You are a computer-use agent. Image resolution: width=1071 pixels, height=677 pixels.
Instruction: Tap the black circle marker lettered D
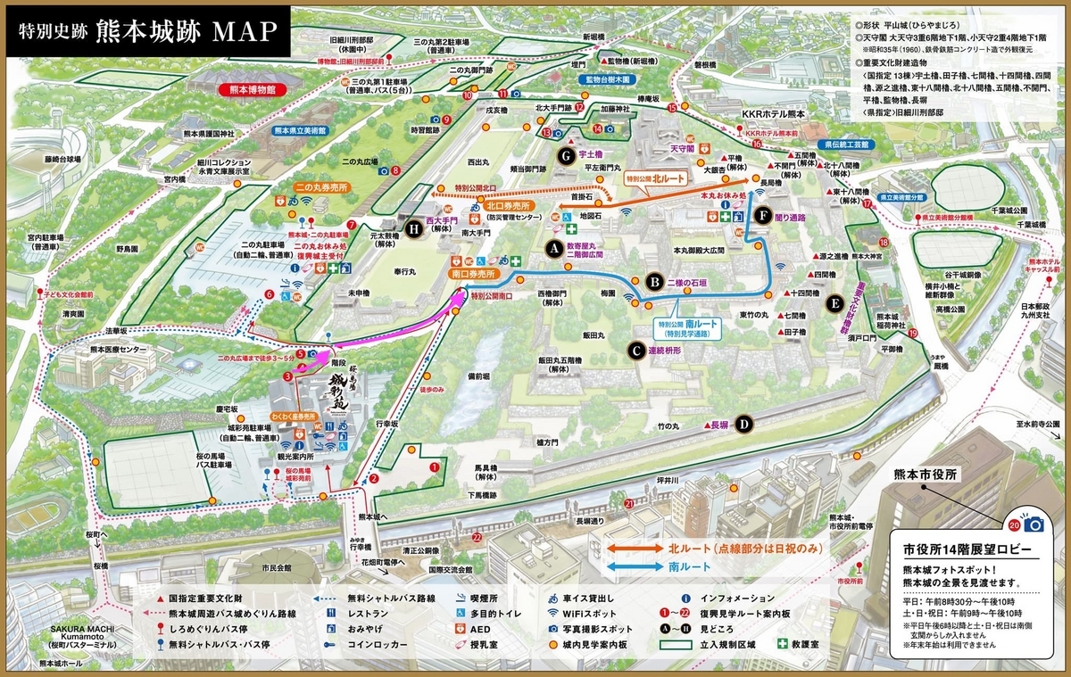[x=743, y=425]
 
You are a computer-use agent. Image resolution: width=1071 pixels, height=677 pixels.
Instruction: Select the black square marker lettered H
[x=412, y=229]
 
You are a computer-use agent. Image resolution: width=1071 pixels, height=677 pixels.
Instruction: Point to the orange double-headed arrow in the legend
[x=635, y=549]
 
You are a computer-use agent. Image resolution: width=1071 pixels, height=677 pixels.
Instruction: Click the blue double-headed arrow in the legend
[x=635, y=566]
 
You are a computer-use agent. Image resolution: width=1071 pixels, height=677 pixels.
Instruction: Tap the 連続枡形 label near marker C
[x=669, y=351]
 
